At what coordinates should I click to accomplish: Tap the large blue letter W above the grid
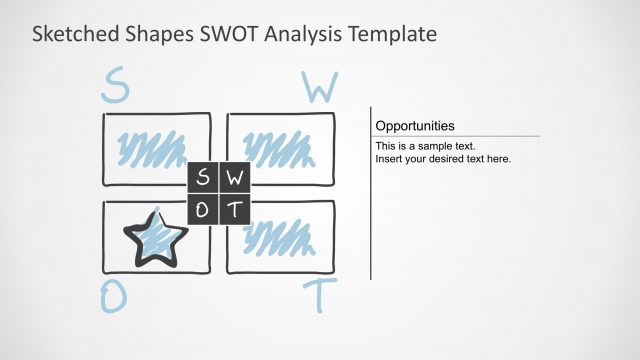[x=319, y=88]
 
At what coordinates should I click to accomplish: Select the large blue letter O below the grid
[x=114, y=296]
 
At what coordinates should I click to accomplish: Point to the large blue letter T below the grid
[x=320, y=297]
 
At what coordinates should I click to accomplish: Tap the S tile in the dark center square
[x=203, y=179]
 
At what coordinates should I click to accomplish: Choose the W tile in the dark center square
[x=234, y=179]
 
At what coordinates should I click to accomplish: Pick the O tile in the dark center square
[x=203, y=209]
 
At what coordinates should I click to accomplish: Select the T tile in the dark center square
[x=234, y=209]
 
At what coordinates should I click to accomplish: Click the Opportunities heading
[x=415, y=126]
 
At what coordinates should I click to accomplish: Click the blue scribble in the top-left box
[x=152, y=149]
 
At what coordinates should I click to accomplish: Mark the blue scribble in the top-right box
[x=276, y=150]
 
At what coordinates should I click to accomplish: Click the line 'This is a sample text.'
[x=425, y=146]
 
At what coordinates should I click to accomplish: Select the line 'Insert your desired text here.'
[x=443, y=158]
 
